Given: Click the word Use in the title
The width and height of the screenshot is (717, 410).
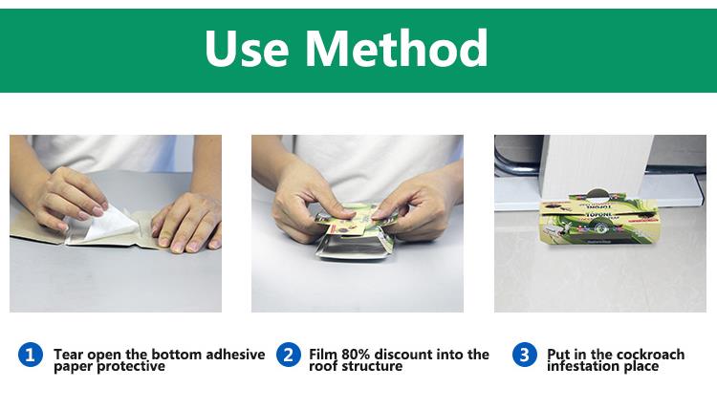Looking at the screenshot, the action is click(x=247, y=48).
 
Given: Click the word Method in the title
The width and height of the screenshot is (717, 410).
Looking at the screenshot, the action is click(x=397, y=48).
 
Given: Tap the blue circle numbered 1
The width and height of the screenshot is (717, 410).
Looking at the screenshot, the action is click(x=31, y=355).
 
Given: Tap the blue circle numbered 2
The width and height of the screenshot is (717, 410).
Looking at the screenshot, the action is click(x=289, y=355).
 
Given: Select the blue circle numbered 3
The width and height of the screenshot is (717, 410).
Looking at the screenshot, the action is click(x=525, y=355).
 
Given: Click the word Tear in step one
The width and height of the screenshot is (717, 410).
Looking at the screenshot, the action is click(x=69, y=355).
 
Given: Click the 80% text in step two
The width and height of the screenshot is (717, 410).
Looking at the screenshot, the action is click(x=356, y=355).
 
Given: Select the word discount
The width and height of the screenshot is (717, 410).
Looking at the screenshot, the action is click(x=403, y=355).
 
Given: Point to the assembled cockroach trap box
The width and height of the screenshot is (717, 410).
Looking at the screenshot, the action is click(x=598, y=219).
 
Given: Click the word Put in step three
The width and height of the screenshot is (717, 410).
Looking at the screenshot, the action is click(x=558, y=355).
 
